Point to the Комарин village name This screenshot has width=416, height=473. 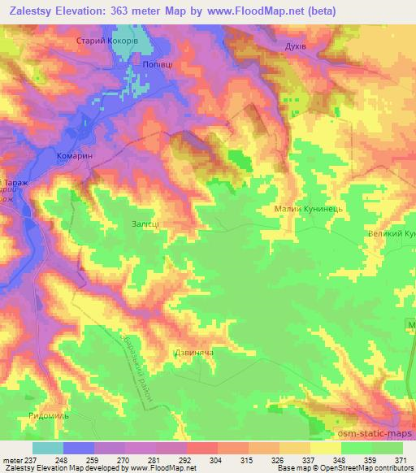[x=80, y=154]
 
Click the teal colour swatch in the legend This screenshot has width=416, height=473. [x=47, y=448]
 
